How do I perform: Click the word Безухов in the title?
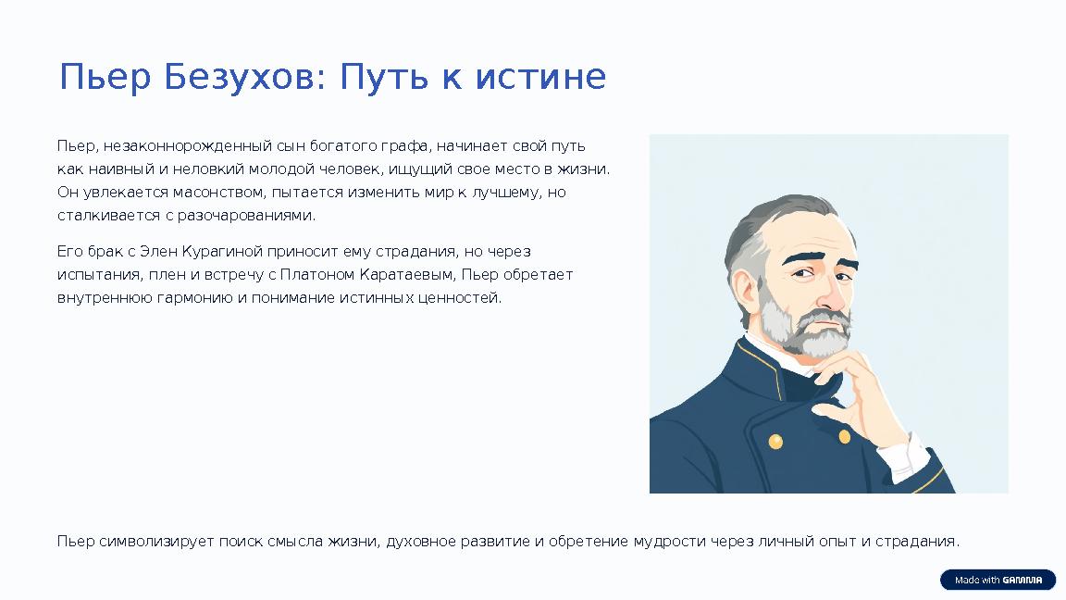click(240, 78)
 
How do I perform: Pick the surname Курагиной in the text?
click(222, 251)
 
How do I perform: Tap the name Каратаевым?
click(414, 274)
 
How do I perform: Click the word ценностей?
click(466, 298)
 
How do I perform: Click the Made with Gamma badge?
click(998, 581)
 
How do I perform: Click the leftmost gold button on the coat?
click(775, 442)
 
